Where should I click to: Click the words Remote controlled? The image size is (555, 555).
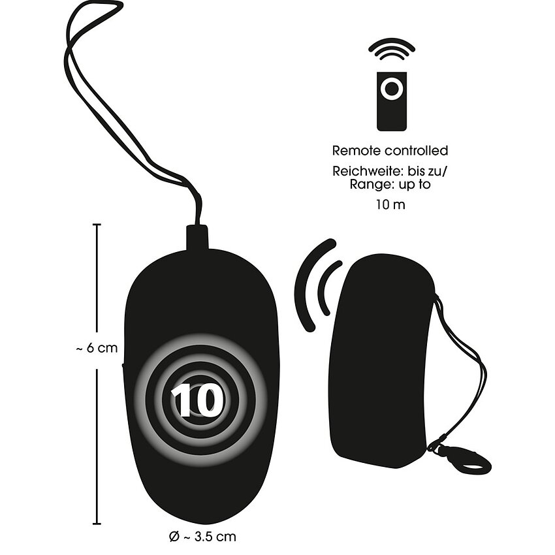390,151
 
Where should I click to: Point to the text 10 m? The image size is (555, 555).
390,204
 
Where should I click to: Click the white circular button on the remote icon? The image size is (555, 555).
391,87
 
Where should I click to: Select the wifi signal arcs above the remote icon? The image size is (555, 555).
391,49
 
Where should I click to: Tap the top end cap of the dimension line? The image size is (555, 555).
97,225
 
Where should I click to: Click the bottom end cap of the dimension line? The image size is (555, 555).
97,523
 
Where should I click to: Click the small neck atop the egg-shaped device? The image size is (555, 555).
197,238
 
